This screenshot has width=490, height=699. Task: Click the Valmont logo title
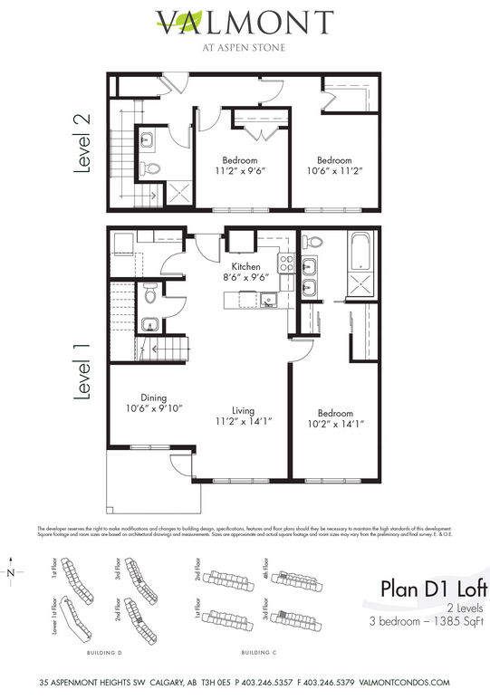point(245,22)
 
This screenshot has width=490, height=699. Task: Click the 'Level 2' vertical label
point(82,147)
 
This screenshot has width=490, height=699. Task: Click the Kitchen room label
point(245,267)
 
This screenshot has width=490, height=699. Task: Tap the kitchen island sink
point(269,301)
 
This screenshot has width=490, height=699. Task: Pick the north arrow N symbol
point(11,572)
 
